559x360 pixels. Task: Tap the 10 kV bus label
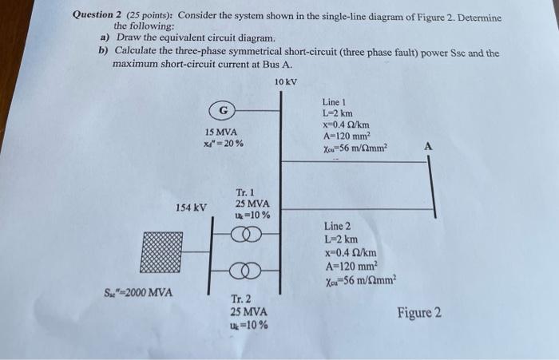[285, 82]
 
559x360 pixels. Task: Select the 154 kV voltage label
[191, 208]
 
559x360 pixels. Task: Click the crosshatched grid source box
[161, 251]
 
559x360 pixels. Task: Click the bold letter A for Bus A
[429, 147]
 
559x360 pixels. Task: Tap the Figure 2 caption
[419, 312]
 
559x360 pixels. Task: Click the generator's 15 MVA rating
[220, 132]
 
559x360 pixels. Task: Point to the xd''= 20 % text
[224, 144]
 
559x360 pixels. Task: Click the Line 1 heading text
[334, 103]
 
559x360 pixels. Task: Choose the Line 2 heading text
[338, 227]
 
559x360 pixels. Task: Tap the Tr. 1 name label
[246, 192]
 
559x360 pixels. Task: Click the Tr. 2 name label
[242, 299]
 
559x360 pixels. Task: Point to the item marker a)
[105, 38]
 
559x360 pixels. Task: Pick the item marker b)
[105, 52]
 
